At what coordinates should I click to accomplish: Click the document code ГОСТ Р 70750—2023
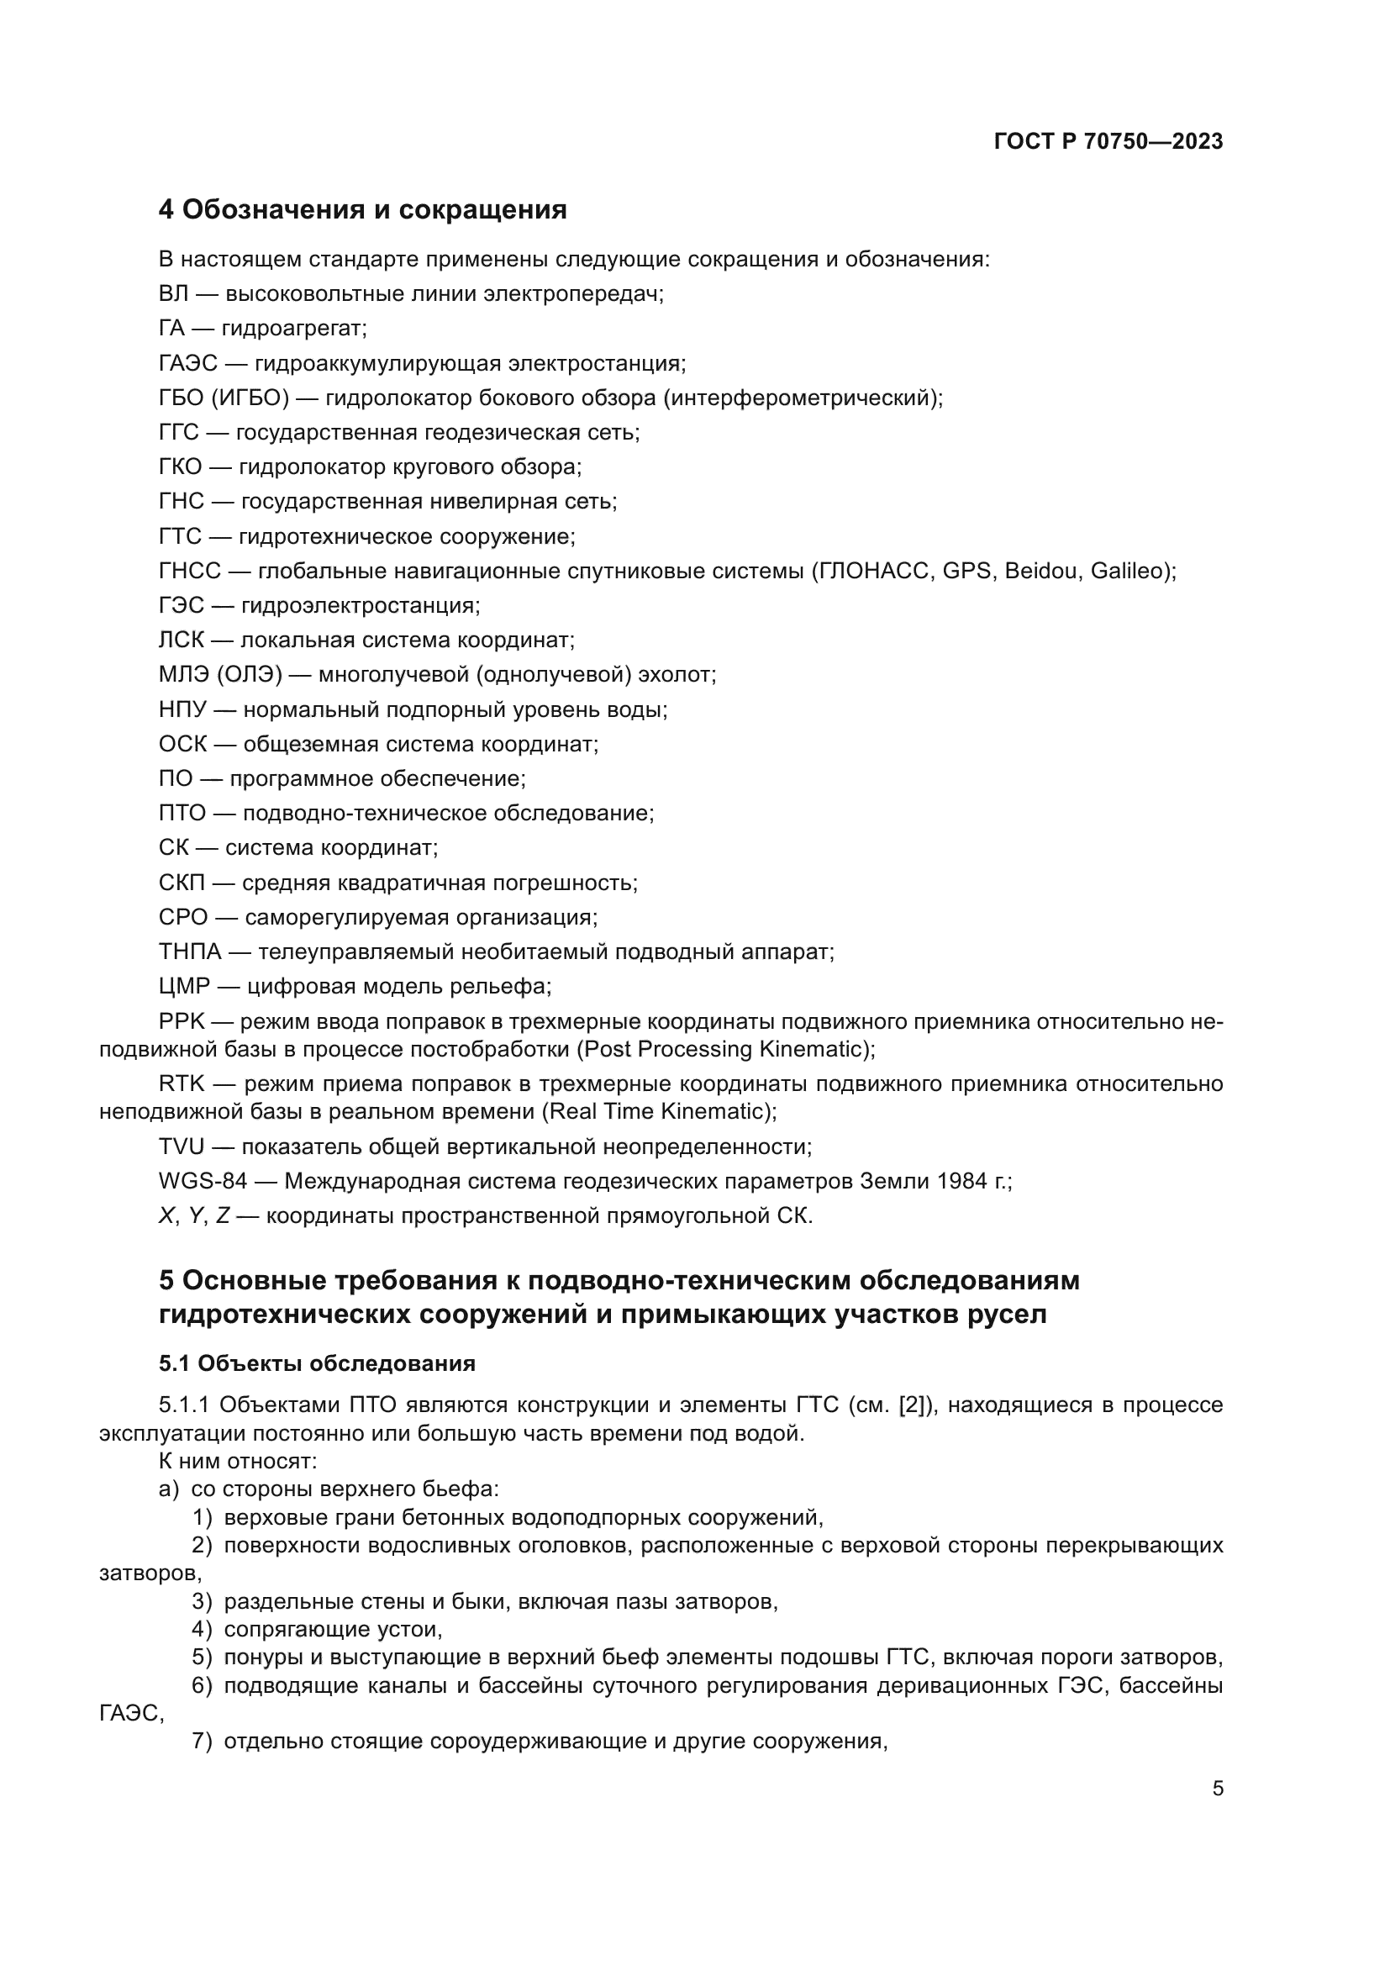(1108, 142)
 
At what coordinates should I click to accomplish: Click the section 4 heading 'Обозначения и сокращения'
(362, 210)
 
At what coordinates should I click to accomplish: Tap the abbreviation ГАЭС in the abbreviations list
(188, 364)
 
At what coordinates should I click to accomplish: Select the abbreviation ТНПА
(190, 952)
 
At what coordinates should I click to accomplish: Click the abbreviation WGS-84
(203, 1182)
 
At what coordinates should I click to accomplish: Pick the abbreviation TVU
(182, 1146)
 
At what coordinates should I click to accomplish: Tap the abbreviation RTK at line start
(182, 1084)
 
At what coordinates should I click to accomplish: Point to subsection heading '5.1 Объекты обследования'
(317, 1363)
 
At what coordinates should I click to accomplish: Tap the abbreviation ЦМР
(184, 987)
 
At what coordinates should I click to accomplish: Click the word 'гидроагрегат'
(293, 329)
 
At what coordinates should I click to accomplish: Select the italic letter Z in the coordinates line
(223, 1217)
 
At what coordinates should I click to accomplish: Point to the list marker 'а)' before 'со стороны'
(169, 1490)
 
